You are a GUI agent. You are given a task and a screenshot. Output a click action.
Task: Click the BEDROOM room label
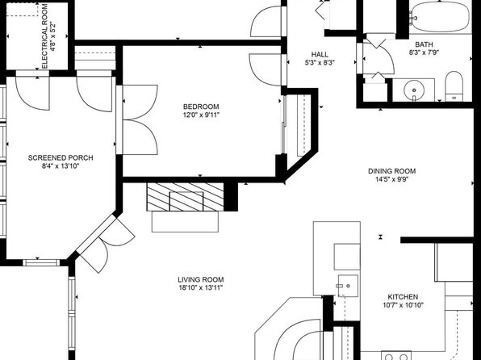point(201,107)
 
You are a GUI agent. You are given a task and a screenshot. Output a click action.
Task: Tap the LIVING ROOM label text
point(201,279)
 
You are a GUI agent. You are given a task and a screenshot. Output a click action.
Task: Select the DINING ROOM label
point(391,171)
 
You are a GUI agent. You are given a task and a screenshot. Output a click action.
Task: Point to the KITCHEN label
point(403,297)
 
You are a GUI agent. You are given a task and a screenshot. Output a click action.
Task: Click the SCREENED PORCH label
point(61,157)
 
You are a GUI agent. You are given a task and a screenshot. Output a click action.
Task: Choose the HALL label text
point(320,55)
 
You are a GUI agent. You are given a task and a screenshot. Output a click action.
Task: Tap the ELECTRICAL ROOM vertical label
point(44,36)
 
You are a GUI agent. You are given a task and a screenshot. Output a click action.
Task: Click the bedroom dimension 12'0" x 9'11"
point(201,115)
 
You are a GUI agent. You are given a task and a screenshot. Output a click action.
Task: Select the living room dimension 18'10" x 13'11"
point(201,288)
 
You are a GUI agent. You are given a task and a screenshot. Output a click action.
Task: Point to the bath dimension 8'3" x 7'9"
point(424,52)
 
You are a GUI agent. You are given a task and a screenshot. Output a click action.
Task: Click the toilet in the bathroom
point(454,86)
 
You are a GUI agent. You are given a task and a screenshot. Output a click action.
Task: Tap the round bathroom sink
point(414,90)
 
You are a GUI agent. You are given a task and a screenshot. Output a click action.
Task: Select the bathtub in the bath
point(440,17)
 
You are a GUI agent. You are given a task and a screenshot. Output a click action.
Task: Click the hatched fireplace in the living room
point(186,197)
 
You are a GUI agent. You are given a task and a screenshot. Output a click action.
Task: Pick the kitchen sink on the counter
point(348,286)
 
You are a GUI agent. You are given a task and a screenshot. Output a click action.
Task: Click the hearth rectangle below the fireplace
point(185,222)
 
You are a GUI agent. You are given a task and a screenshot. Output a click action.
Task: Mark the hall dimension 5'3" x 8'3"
point(320,63)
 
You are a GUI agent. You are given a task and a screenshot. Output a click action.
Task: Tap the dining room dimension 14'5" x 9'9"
point(391,179)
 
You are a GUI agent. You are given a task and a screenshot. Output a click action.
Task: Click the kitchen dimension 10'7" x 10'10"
point(403,305)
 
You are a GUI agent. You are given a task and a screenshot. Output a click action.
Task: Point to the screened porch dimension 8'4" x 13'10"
point(61,166)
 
